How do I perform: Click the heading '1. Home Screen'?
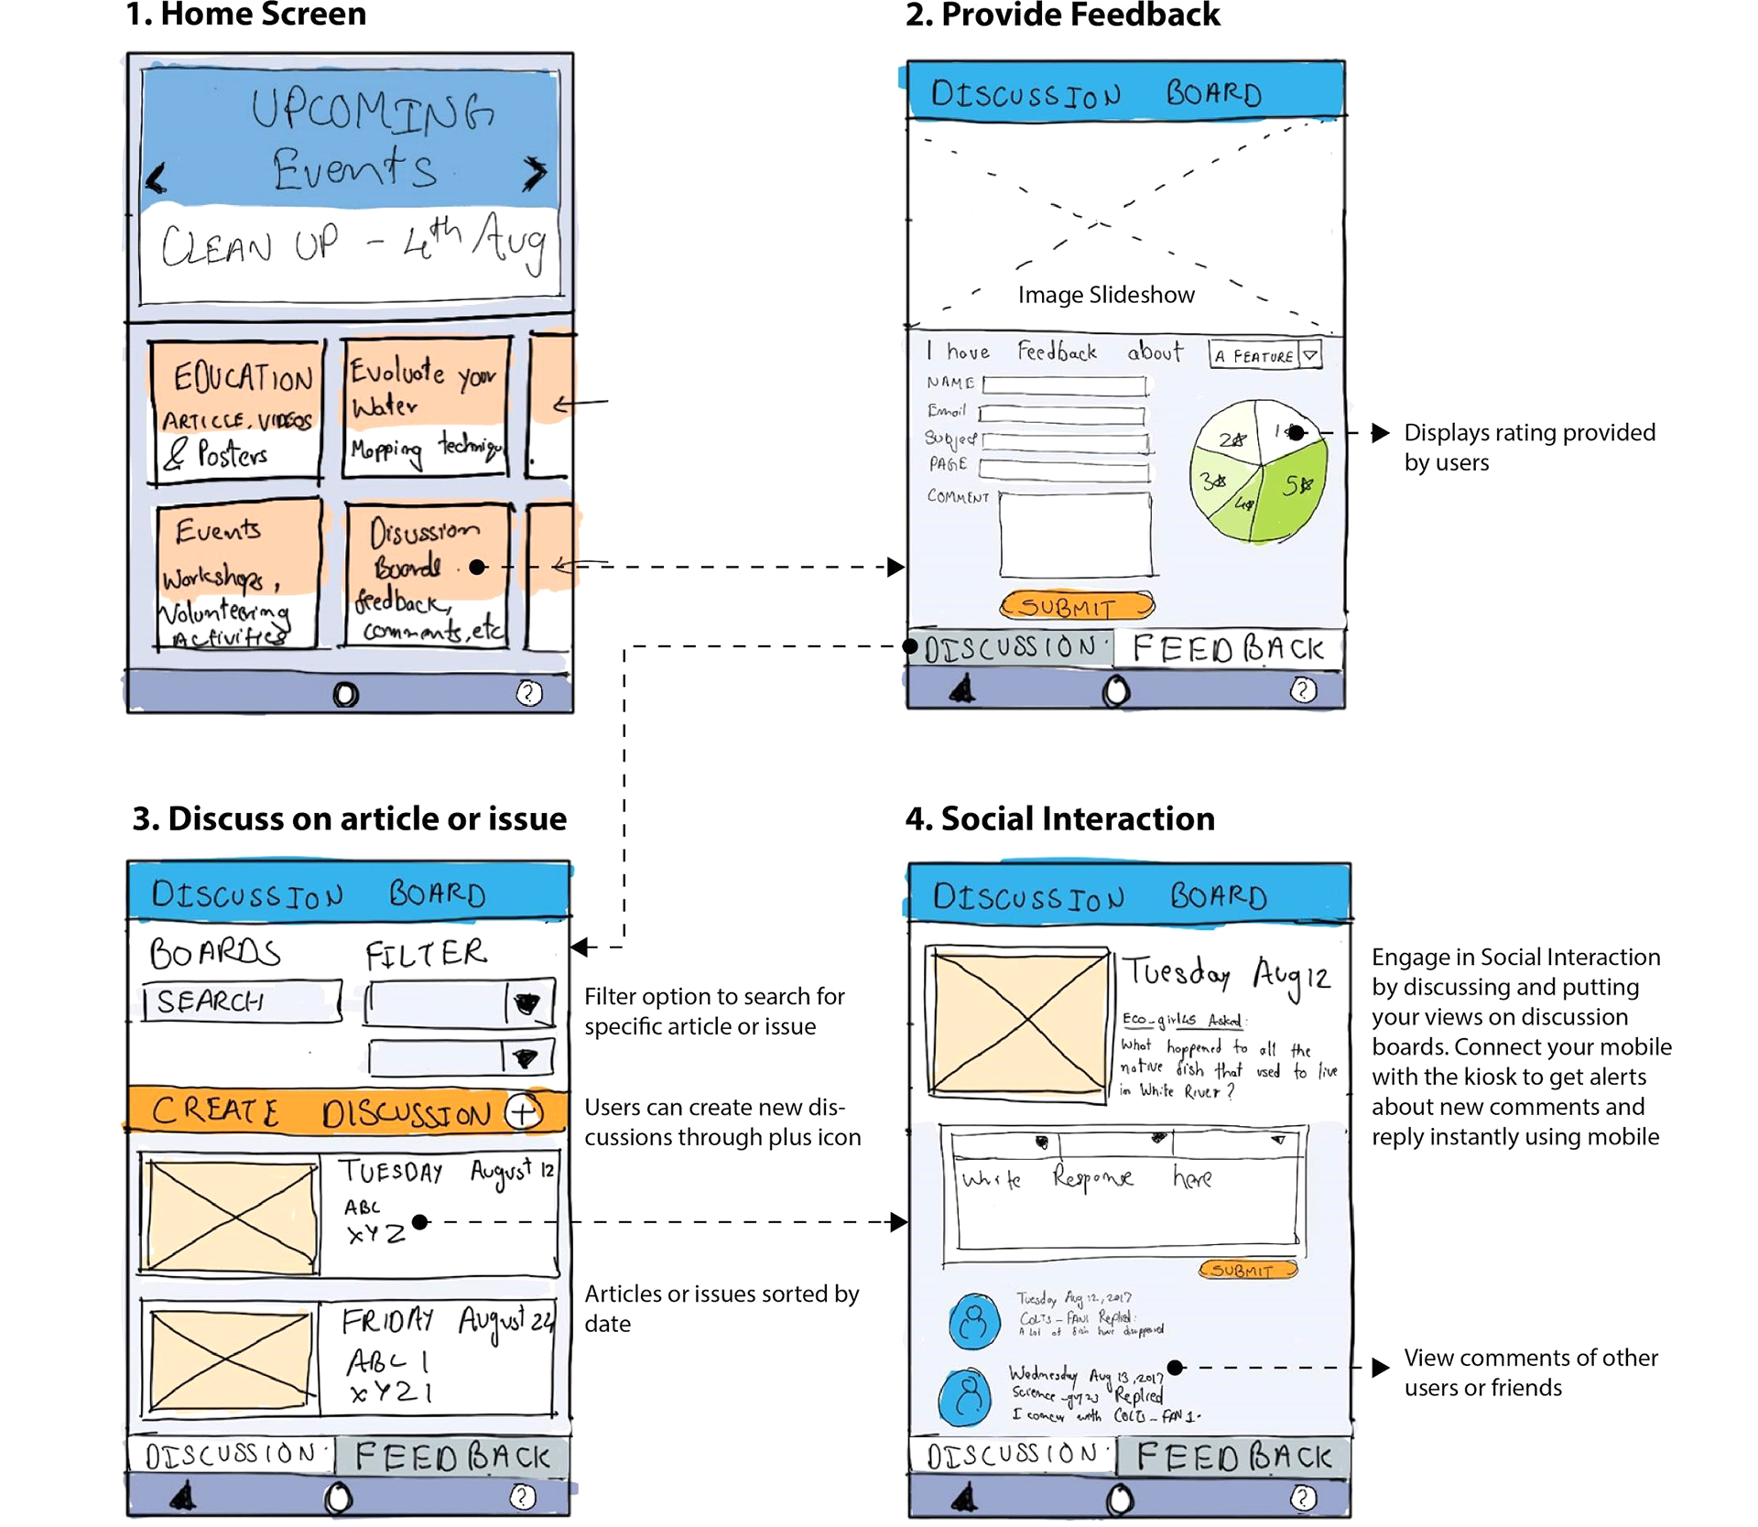pyautogui.click(x=245, y=15)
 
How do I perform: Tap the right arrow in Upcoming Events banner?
pyautogui.click(x=535, y=172)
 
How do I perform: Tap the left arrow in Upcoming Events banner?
pyautogui.click(x=157, y=178)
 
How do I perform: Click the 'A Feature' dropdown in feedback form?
pyautogui.click(x=1264, y=355)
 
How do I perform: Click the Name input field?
pyautogui.click(x=1064, y=385)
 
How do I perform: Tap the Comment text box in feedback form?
pyautogui.click(x=1075, y=536)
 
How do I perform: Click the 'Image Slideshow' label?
pyautogui.click(x=1105, y=295)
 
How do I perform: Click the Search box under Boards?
pyautogui.click(x=242, y=1002)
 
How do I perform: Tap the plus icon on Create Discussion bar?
pyautogui.click(x=523, y=1112)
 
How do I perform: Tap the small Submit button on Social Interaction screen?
pyautogui.click(x=1247, y=1270)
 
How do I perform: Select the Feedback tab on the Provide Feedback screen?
pyautogui.click(x=1227, y=649)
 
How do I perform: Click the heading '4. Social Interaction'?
pyautogui.click(x=1059, y=818)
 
